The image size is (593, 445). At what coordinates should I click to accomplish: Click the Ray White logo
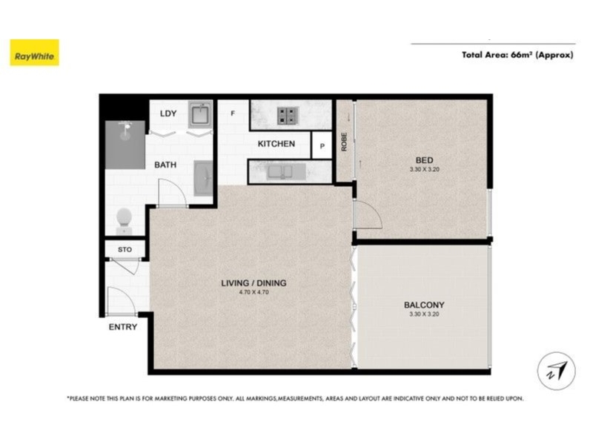coord(34,53)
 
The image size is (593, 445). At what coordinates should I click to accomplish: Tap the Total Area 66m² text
coord(517,55)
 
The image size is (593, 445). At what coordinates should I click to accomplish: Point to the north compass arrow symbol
coord(557,372)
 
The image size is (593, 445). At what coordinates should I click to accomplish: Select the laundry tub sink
coord(200,114)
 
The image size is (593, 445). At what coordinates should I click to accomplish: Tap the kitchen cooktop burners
coord(288,116)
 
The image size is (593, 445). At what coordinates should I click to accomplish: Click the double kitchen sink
coord(280,172)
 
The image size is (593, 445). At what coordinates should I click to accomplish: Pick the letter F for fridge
coord(233,113)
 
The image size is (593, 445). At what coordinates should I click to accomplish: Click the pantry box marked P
coord(322,145)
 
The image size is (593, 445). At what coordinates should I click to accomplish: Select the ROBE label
coord(344,142)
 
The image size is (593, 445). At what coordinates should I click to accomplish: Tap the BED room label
coord(424,160)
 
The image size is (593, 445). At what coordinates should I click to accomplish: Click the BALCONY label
coord(424,305)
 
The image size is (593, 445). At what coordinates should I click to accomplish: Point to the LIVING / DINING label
coord(254,283)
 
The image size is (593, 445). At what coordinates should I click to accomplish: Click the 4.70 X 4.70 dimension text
coord(254,292)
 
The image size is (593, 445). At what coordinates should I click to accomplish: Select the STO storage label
coord(125,250)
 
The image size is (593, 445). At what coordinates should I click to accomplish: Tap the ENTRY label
coord(123,327)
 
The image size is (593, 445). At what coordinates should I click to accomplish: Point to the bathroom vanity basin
coord(203,178)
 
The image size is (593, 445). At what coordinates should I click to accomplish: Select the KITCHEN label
coord(276,144)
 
